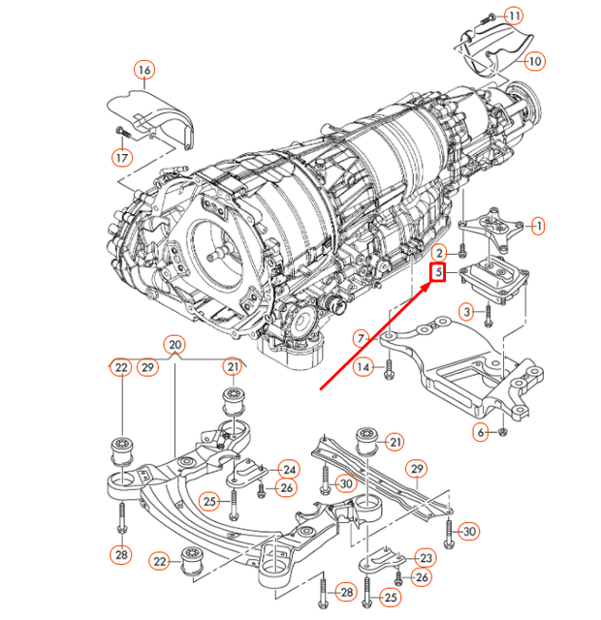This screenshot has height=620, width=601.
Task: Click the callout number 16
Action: (x=143, y=70)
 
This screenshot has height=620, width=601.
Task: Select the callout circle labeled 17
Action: (x=122, y=157)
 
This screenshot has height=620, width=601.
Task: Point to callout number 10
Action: (x=535, y=60)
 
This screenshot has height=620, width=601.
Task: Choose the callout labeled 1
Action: (x=538, y=225)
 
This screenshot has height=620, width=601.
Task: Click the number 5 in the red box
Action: (x=438, y=273)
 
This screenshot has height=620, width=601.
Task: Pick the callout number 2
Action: (x=438, y=252)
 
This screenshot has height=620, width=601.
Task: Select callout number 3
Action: (x=467, y=311)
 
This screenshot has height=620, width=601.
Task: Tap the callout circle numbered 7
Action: (x=360, y=338)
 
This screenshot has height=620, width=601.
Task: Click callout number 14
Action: (x=363, y=366)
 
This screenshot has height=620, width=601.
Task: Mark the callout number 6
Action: (x=481, y=431)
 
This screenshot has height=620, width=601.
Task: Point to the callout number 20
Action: (x=174, y=345)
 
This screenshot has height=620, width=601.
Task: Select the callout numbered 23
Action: (x=426, y=557)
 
